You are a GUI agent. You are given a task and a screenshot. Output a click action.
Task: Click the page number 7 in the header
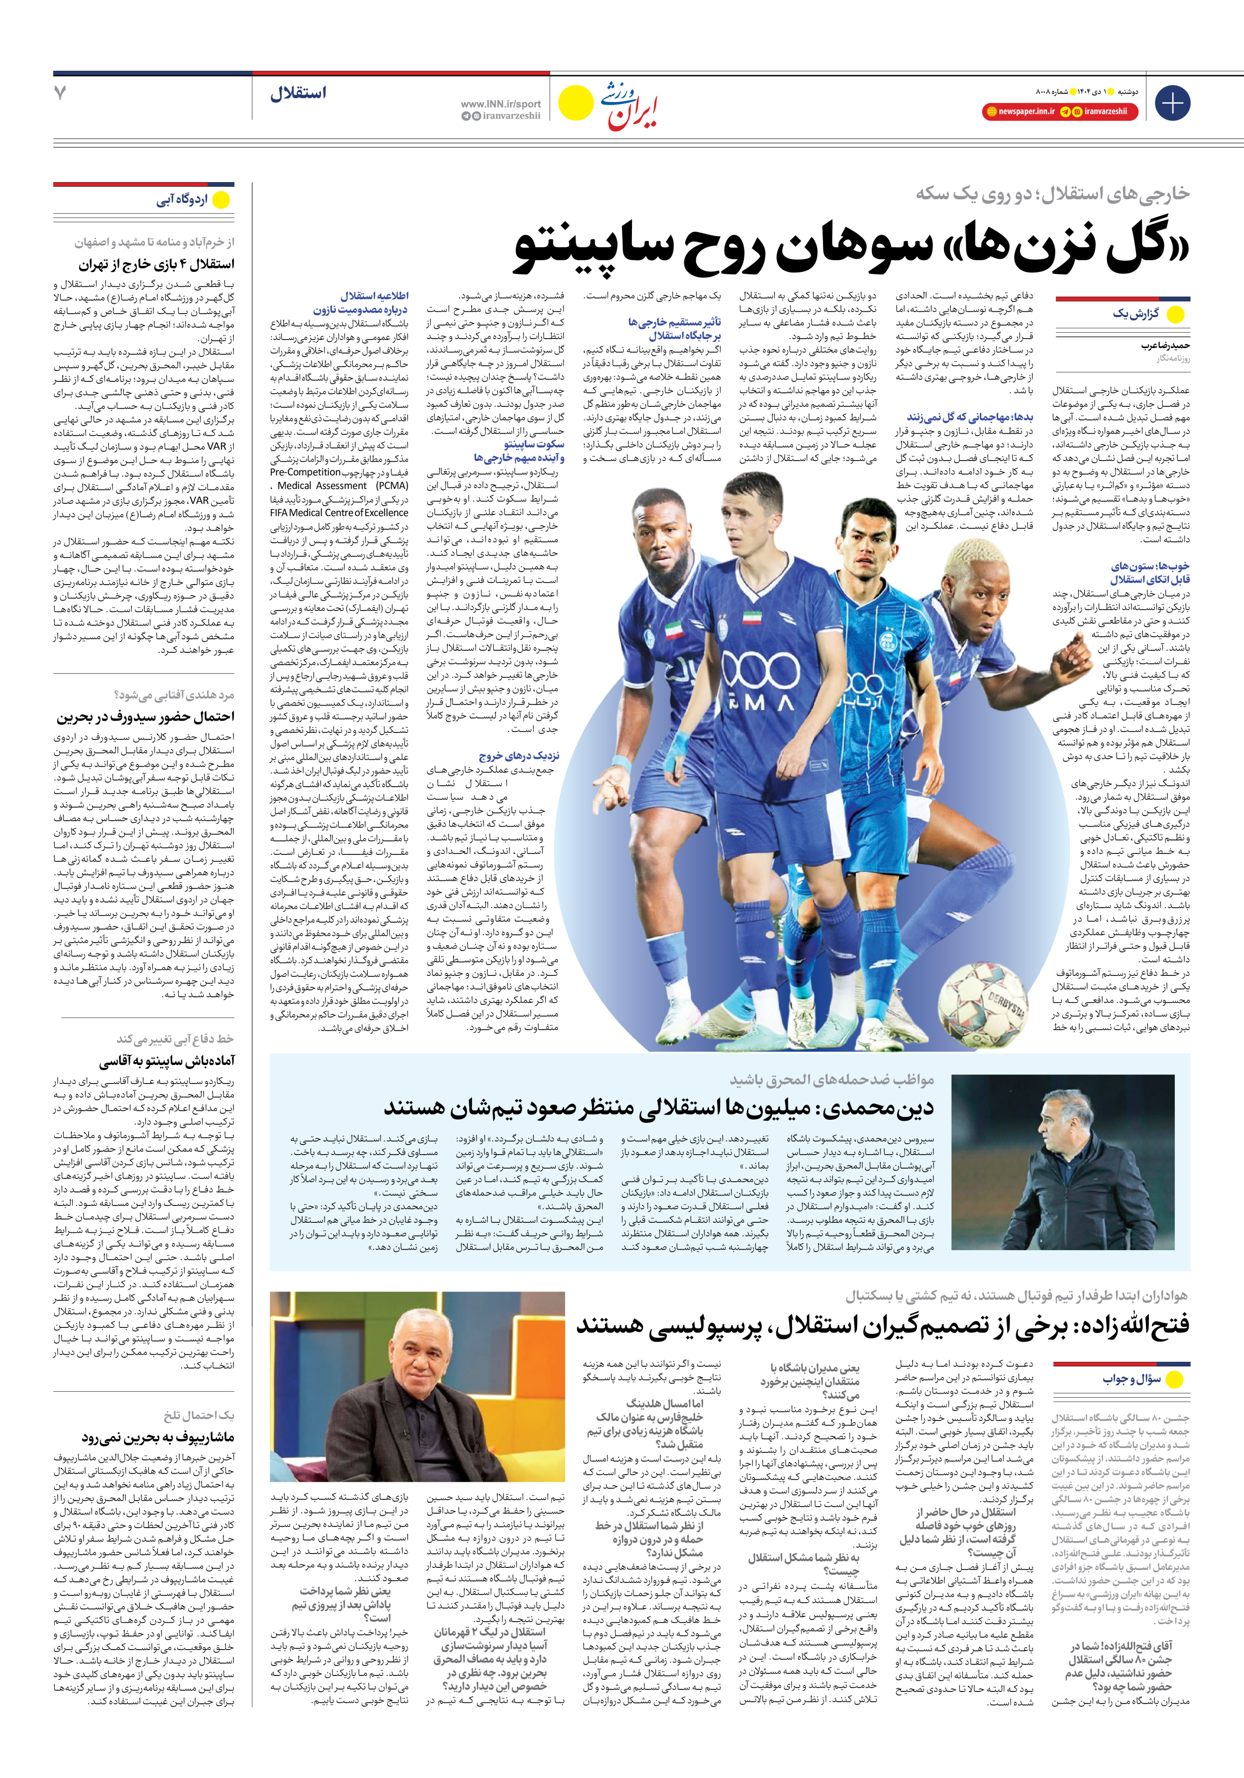(60, 93)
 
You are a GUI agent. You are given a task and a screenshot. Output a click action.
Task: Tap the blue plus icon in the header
(1172, 103)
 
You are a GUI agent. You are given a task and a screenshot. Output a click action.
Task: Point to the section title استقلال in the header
(298, 94)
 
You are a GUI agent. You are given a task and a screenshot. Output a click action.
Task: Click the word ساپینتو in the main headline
(609, 249)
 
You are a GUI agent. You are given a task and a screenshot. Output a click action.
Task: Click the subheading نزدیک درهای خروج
(518, 756)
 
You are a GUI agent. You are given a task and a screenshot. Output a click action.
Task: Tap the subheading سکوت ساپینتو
(533, 445)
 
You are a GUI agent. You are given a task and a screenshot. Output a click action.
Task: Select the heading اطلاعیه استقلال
(375, 296)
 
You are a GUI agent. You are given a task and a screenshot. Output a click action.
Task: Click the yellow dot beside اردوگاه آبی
(221, 200)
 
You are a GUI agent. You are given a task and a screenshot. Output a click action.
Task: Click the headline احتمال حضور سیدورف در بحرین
(145, 716)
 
